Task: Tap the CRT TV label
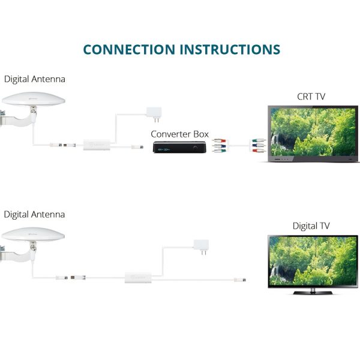tap(311, 96)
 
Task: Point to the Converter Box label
tap(179, 134)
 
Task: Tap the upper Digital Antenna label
tap(34, 79)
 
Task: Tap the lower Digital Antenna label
tap(34, 214)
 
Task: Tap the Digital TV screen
tap(311, 259)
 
